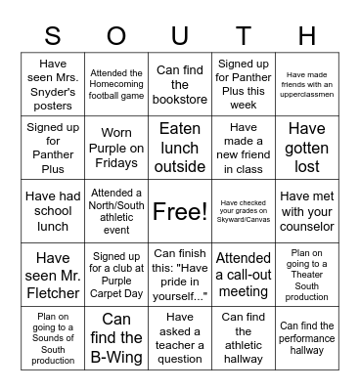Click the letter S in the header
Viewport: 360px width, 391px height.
[x=53, y=36]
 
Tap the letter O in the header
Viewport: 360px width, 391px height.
[x=116, y=36]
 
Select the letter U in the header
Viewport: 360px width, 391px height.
[x=180, y=36]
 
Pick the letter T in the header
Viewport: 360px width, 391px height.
[x=244, y=36]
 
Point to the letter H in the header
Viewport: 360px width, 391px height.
[x=307, y=36]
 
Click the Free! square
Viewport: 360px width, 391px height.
[x=180, y=211]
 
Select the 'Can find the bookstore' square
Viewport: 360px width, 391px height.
[x=180, y=85]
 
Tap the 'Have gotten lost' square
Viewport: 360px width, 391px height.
[x=307, y=148]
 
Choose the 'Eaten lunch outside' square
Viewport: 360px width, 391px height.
[x=180, y=148]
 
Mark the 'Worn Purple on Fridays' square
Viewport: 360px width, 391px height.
[x=116, y=148]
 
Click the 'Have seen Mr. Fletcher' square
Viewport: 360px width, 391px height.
[x=53, y=275]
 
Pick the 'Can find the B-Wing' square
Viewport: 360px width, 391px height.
[x=116, y=338]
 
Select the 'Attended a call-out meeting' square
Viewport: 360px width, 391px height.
[x=244, y=275]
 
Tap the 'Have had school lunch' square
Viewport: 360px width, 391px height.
[x=53, y=211]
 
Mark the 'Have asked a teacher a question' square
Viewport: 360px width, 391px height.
[x=180, y=338]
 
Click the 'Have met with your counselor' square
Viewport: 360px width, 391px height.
[x=307, y=211]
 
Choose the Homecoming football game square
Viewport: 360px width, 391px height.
[x=116, y=85]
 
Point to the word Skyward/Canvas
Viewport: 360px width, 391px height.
[x=244, y=218]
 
